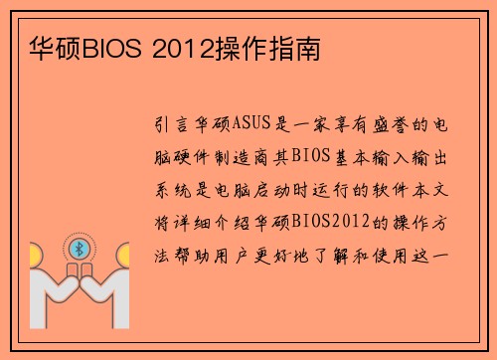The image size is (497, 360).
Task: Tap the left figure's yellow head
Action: coord(38,256)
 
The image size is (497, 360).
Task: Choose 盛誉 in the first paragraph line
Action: coord(389,126)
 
